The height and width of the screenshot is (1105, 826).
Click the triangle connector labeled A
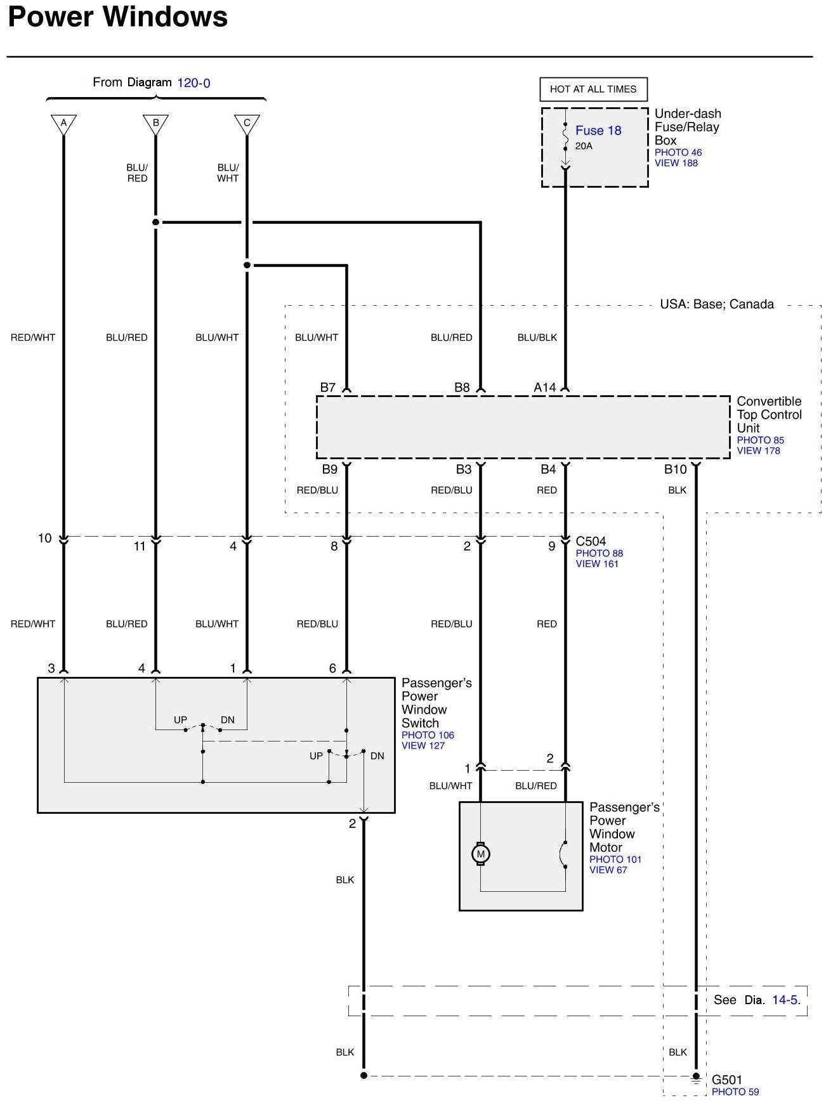tap(63, 123)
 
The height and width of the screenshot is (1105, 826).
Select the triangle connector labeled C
tap(247, 123)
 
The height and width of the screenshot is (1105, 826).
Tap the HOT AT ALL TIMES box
tap(593, 89)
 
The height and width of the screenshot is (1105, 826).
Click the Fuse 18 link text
tap(598, 131)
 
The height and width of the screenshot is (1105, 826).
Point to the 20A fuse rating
tap(584, 147)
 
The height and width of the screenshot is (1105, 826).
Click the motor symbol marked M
tap(480, 854)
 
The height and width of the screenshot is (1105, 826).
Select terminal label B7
tap(327, 388)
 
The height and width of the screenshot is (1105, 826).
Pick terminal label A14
tap(544, 388)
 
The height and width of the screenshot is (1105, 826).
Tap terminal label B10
tap(675, 469)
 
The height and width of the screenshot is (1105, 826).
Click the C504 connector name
tap(591, 541)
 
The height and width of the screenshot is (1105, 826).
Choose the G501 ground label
tap(726, 1080)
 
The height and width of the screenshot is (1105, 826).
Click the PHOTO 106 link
tap(428, 735)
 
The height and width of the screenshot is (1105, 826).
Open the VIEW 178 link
tap(758, 451)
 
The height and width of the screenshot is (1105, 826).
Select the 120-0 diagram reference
tap(193, 83)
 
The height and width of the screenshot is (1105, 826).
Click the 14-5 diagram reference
tap(785, 1000)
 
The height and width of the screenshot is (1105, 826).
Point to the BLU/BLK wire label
tap(537, 337)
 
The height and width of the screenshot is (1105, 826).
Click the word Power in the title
tap(51, 17)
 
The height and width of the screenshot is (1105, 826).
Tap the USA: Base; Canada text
tap(717, 304)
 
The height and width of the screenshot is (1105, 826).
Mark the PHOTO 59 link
tap(735, 1092)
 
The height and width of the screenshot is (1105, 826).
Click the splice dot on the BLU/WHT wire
tap(247, 265)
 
